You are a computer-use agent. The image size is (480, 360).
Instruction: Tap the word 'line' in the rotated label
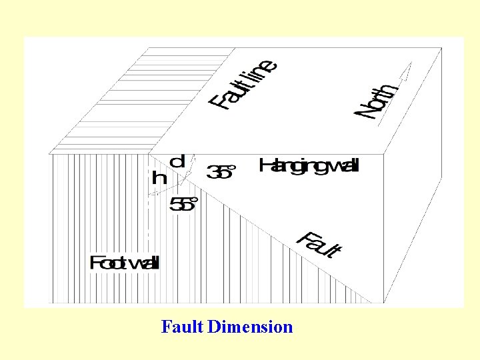pos(261,71)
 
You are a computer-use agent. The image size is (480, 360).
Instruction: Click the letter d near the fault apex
pos(178,161)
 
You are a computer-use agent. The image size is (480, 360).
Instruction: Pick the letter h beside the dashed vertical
pos(159,177)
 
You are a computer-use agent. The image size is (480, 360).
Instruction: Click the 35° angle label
pos(222,173)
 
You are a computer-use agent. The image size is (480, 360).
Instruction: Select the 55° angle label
pos(183,204)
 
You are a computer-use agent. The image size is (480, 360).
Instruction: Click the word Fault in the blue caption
pos(182,327)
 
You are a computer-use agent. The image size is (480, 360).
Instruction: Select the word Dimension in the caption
pos(250,327)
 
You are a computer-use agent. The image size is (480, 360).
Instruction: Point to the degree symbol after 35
pos(233,167)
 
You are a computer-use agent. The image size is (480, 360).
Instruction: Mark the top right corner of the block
pos(442,48)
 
